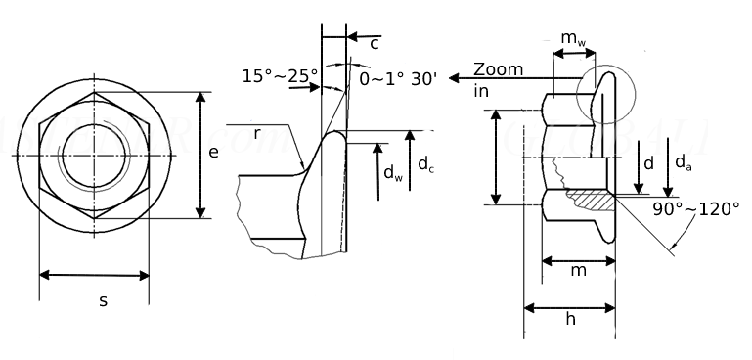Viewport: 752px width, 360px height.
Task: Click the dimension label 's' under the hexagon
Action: (103, 300)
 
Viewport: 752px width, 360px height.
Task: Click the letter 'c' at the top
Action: (375, 43)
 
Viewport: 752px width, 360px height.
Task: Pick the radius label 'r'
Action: (257, 133)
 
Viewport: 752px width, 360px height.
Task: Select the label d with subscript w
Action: (392, 173)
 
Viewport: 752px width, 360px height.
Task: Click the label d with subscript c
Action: (425, 164)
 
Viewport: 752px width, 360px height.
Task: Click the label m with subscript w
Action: (573, 38)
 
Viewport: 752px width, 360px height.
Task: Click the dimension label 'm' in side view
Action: (578, 270)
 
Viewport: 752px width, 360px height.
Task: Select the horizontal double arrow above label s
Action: (94, 274)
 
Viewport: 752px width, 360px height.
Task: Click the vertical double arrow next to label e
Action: (200, 156)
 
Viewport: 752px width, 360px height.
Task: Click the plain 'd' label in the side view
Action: (648, 162)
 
